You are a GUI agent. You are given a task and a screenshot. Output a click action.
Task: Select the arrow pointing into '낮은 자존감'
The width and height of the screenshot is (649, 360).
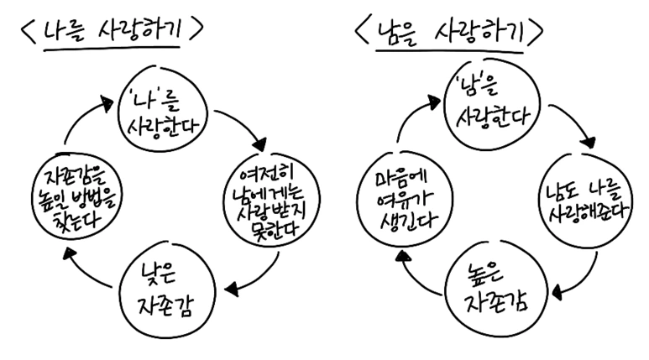[x=256, y=278]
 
